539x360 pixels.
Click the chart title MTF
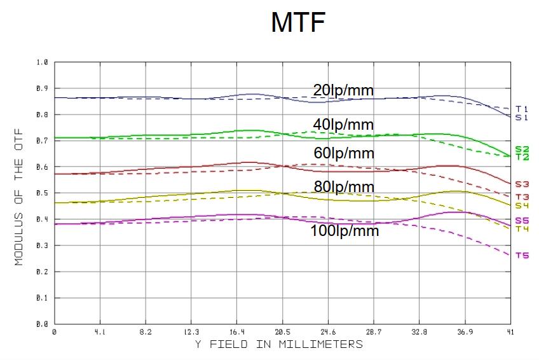(x=298, y=22)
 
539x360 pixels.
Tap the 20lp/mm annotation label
(x=343, y=90)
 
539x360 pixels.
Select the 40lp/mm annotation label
(x=343, y=123)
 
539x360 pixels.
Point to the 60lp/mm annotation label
(x=344, y=153)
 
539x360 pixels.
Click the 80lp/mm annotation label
(x=344, y=187)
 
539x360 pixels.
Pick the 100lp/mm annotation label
(x=345, y=230)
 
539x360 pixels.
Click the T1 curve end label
(x=521, y=109)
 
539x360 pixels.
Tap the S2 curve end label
(x=521, y=149)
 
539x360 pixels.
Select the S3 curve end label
(x=521, y=184)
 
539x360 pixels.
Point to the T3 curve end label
(x=521, y=197)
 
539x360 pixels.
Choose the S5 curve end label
(x=521, y=221)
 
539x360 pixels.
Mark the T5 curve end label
(x=521, y=256)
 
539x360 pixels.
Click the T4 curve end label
(x=521, y=229)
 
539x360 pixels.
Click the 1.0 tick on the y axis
(x=43, y=62)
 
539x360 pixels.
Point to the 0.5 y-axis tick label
(x=43, y=193)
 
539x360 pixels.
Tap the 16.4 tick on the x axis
(x=236, y=332)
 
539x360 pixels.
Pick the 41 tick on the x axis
(x=510, y=332)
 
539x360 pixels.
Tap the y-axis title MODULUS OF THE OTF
(x=19, y=193)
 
